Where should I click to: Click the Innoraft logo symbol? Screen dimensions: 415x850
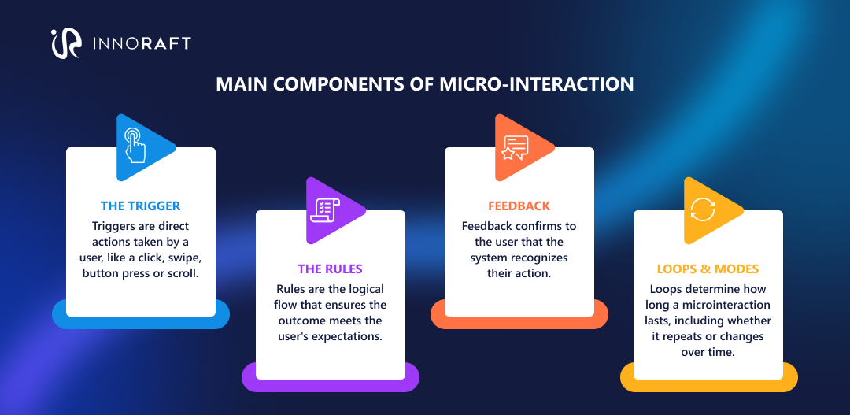(65, 43)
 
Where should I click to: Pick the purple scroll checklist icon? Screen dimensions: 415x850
(325, 209)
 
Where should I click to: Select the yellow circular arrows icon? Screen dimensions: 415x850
(703, 209)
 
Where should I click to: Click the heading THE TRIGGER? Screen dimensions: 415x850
(140, 206)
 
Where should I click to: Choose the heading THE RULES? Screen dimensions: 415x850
(330, 269)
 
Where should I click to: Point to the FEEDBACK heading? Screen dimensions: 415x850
(519, 206)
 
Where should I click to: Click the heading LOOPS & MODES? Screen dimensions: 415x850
(708, 269)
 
